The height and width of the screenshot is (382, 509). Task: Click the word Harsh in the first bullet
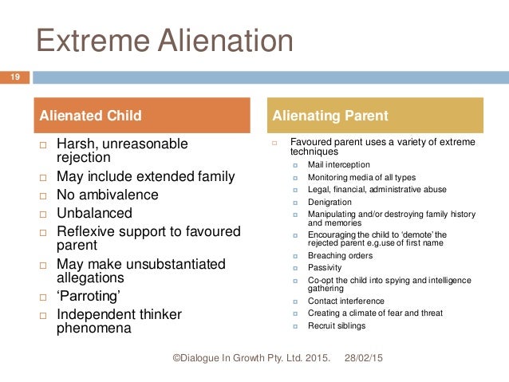[x=77, y=144]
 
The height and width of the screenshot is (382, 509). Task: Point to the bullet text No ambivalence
[x=107, y=195]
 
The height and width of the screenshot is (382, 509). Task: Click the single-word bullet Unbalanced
[x=94, y=213]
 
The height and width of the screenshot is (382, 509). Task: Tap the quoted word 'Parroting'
[x=90, y=297]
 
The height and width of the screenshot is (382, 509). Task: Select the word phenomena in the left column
[x=94, y=328]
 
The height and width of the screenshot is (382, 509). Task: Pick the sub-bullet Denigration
[x=329, y=203]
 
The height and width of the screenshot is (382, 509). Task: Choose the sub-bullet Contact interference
[x=345, y=301]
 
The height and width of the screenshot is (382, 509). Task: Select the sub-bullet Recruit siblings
[x=336, y=326]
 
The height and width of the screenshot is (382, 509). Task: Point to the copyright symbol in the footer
[x=177, y=360]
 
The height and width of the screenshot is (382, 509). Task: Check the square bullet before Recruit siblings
[x=295, y=326]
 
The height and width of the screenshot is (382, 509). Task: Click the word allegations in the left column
[x=90, y=278]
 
